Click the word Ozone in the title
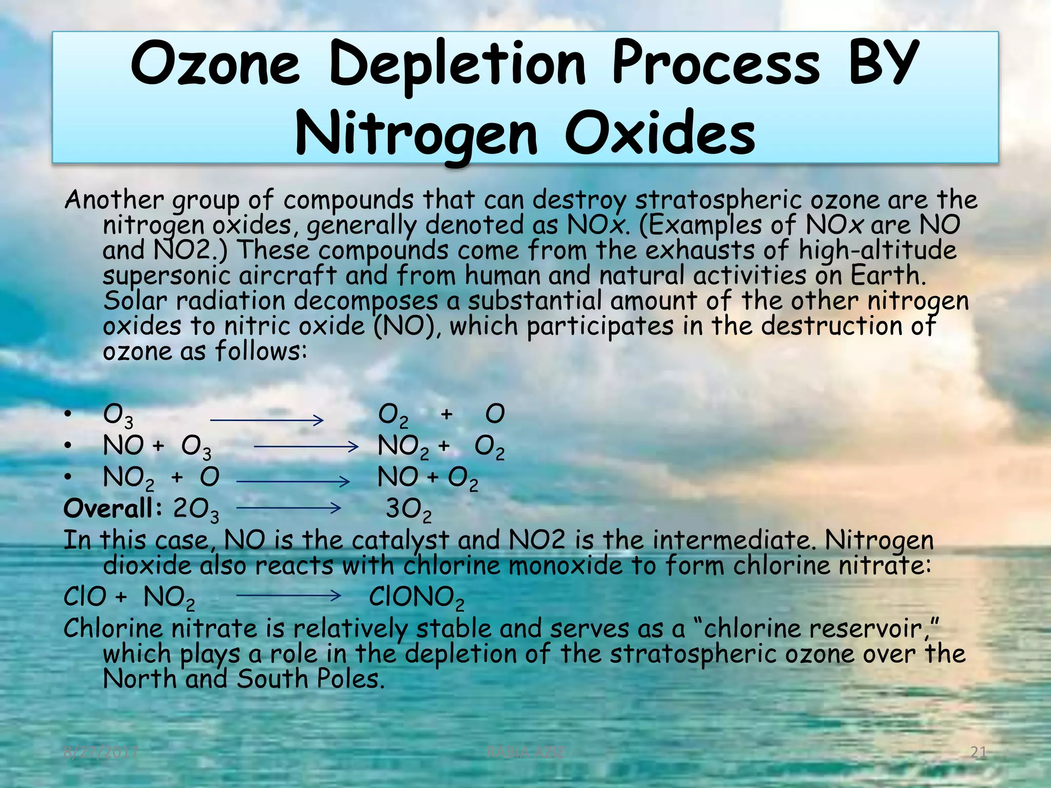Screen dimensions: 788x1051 [x=215, y=64]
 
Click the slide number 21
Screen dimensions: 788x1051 [x=979, y=753]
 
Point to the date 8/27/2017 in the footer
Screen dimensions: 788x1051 [x=101, y=753]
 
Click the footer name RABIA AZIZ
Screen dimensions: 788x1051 [x=525, y=753]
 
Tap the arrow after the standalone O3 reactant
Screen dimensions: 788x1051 [x=267, y=420]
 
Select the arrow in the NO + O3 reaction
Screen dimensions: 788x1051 [x=306, y=447]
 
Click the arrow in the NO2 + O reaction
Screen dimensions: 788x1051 [x=293, y=481]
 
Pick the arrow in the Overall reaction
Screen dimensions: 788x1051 [x=288, y=508]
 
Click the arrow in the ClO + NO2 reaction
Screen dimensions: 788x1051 [x=288, y=596]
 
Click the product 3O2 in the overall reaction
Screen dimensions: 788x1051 [x=408, y=509]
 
